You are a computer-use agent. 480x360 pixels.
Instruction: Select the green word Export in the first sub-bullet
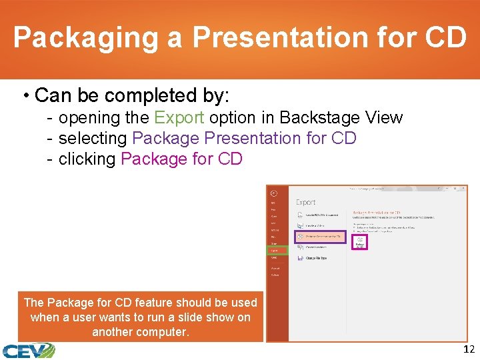pos(179,118)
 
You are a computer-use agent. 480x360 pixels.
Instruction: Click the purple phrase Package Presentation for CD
pos(244,139)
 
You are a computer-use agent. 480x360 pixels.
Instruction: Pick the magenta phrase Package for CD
pos(181,159)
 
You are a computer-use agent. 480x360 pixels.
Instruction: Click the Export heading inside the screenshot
pos(306,202)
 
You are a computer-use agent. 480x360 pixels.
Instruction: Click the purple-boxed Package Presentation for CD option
pos(321,236)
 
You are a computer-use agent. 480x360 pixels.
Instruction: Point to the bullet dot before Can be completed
pos(27,96)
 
